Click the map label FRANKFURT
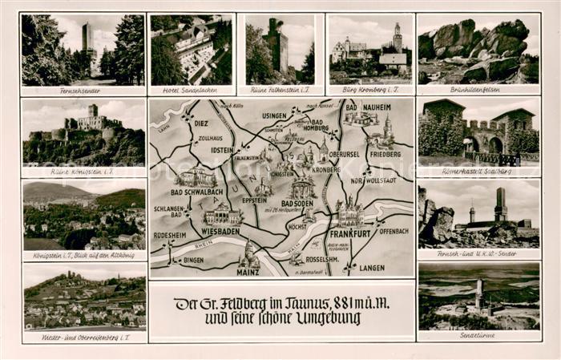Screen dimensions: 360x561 (353, 233)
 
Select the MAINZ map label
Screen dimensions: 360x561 (249, 271)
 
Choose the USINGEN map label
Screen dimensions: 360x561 (274, 116)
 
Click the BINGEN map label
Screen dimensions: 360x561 (193, 261)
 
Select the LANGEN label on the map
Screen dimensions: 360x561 (372, 268)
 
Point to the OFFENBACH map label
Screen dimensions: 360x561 (393, 231)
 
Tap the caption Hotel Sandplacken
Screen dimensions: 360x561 (191, 91)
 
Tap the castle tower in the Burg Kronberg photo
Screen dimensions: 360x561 (398, 38)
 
